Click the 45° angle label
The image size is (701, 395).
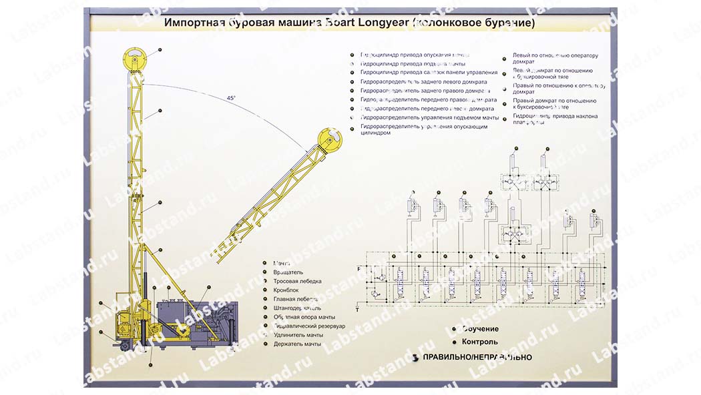pyautogui.click(x=231, y=98)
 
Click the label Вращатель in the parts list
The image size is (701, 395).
pyautogui.click(x=288, y=272)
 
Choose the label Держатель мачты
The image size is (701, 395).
pyautogui.click(x=297, y=344)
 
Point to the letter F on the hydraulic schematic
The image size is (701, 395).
pyautogui.click(x=359, y=268)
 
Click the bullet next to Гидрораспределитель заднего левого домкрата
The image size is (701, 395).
pyautogui.click(x=354, y=81)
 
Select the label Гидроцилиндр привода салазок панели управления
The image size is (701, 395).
pyautogui.click(x=429, y=72)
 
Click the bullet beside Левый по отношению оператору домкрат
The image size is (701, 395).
pyautogui.click(x=505, y=59)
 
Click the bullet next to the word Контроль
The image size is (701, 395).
pyautogui.click(x=455, y=342)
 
